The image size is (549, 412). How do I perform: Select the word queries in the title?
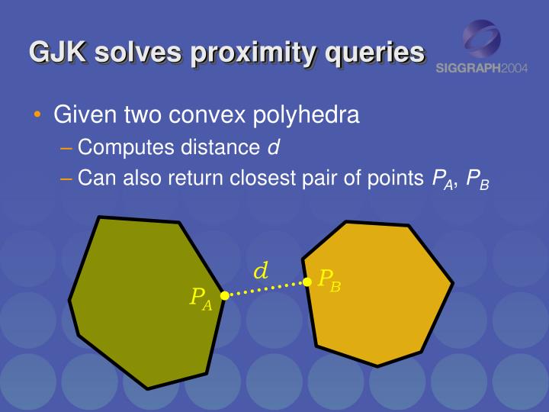click(375, 52)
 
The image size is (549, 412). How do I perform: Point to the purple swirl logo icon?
click(482, 38)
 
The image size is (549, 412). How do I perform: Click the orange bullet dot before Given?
click(38, 116)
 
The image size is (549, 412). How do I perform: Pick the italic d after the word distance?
click(271, 146)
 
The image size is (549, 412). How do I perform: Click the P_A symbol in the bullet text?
click(442, 180)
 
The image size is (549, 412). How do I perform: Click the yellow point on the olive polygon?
click(224, 295)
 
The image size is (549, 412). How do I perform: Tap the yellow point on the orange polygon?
click(307, 282)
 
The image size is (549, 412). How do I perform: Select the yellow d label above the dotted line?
click(261, 271)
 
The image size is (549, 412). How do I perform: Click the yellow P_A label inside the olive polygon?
click(201, 298)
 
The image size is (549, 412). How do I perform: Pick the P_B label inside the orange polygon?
click(329, 280)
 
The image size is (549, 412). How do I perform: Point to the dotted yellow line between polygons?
click(265, 288)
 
